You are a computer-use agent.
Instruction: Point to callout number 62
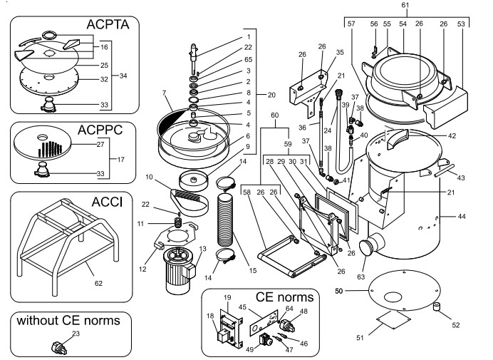[x=99, y=283]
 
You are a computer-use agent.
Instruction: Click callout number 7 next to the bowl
[x=165, y=93]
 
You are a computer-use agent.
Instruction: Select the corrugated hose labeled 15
[x=228, y=221]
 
